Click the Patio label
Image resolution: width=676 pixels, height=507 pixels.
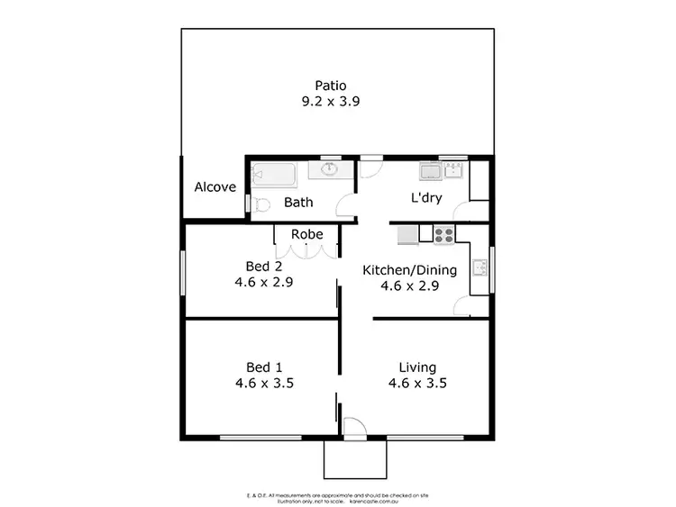[x=331, y=86]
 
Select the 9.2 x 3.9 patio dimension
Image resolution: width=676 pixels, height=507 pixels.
[x=331, y=102]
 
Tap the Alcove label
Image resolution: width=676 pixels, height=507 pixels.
[x=215, y=188]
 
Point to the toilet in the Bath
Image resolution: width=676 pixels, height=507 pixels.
[x=259, y=203]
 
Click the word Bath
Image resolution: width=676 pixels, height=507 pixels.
[x=298, y=203]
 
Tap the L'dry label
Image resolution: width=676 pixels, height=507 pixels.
[x=426, y=198]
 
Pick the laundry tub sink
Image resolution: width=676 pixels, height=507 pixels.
[x=429, y=172]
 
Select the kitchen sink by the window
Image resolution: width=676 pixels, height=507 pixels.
[x=481, y=267]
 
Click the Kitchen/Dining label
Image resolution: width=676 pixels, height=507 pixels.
[x=410, y=270]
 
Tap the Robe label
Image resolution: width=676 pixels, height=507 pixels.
[x=306, y=235]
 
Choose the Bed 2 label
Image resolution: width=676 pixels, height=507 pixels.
[x=264, y=266]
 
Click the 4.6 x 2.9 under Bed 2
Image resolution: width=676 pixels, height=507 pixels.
[x=264, y=281]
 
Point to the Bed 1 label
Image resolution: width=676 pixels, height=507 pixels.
[x=264, y=367]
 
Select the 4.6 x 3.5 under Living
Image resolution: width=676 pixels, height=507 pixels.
[x=417, y=383]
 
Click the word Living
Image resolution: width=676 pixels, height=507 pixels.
[x=417, y=367]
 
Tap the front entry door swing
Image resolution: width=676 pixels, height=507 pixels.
[x=352, y=427]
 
